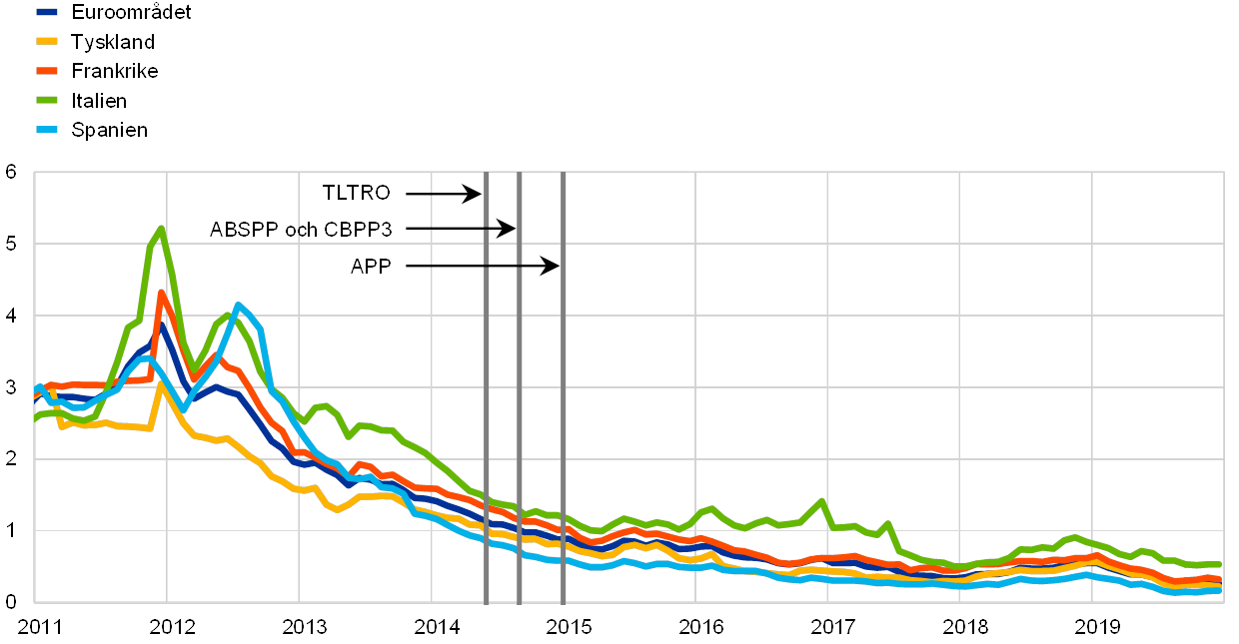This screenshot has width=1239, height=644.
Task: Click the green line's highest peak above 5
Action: [161, 228]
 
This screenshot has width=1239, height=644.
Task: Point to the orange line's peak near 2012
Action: [161, 292]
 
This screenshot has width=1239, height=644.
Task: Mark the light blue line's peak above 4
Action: [238, 305]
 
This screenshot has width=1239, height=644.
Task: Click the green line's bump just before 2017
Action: [821, 500]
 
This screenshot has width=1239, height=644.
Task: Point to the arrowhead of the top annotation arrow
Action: [478, 195]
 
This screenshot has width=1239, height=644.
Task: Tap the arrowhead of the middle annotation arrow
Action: [511, 231]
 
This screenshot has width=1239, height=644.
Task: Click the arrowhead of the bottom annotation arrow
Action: [555, 267]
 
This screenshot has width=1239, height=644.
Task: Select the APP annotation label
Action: [371, 267]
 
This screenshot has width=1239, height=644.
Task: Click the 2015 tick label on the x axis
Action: [569, 627]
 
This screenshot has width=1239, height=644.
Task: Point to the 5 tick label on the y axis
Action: [11, 244]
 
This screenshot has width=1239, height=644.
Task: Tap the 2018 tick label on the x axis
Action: [963, 627]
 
